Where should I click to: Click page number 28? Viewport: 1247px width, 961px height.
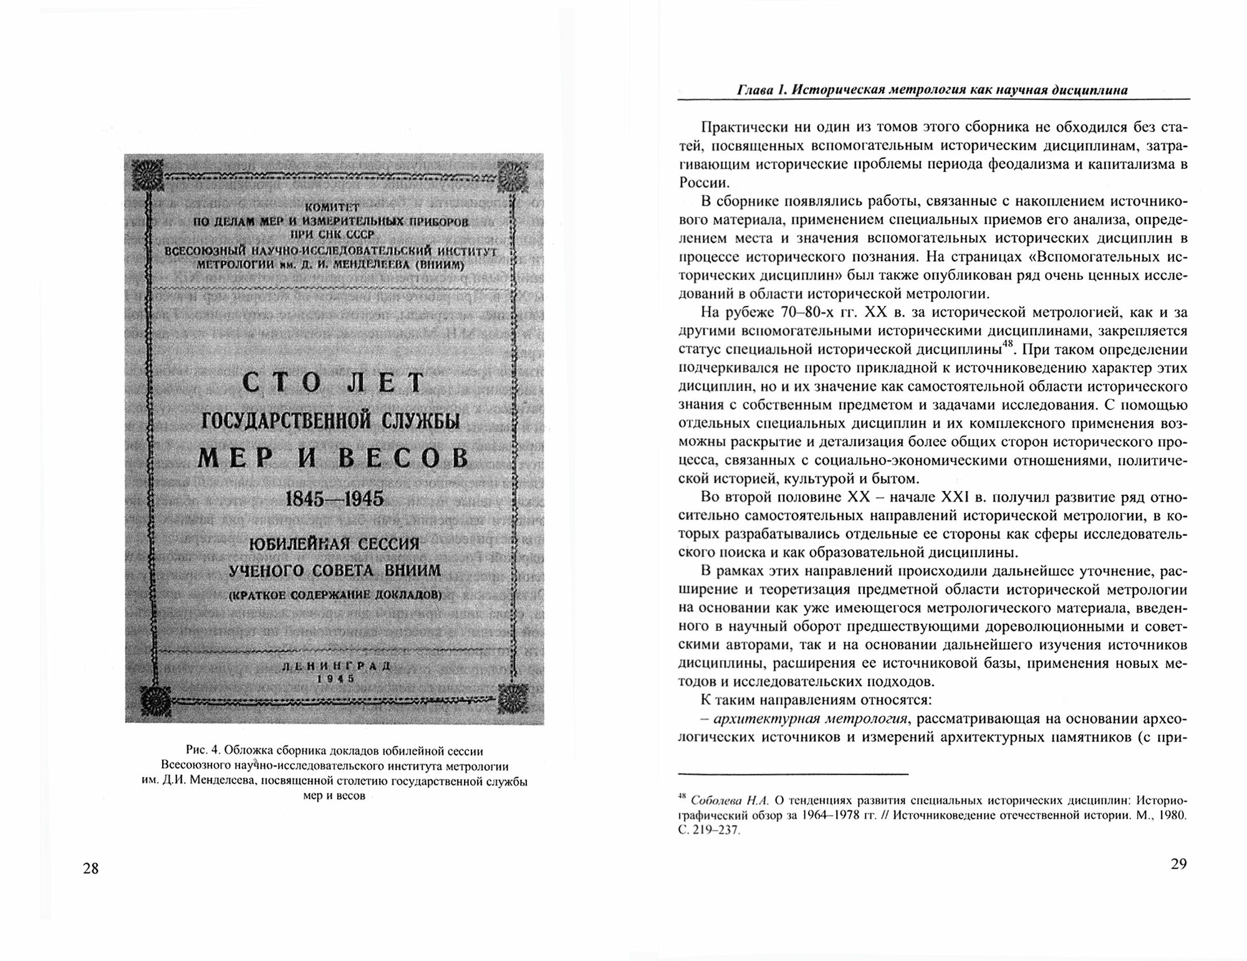90,869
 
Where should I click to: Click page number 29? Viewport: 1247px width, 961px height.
1178,864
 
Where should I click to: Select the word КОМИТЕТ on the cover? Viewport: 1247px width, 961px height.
331,208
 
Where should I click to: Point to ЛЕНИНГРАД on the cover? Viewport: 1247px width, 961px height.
336,666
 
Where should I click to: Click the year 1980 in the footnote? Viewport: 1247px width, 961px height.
1172,816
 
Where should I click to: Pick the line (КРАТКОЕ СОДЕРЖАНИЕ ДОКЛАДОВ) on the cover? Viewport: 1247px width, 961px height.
335,595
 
